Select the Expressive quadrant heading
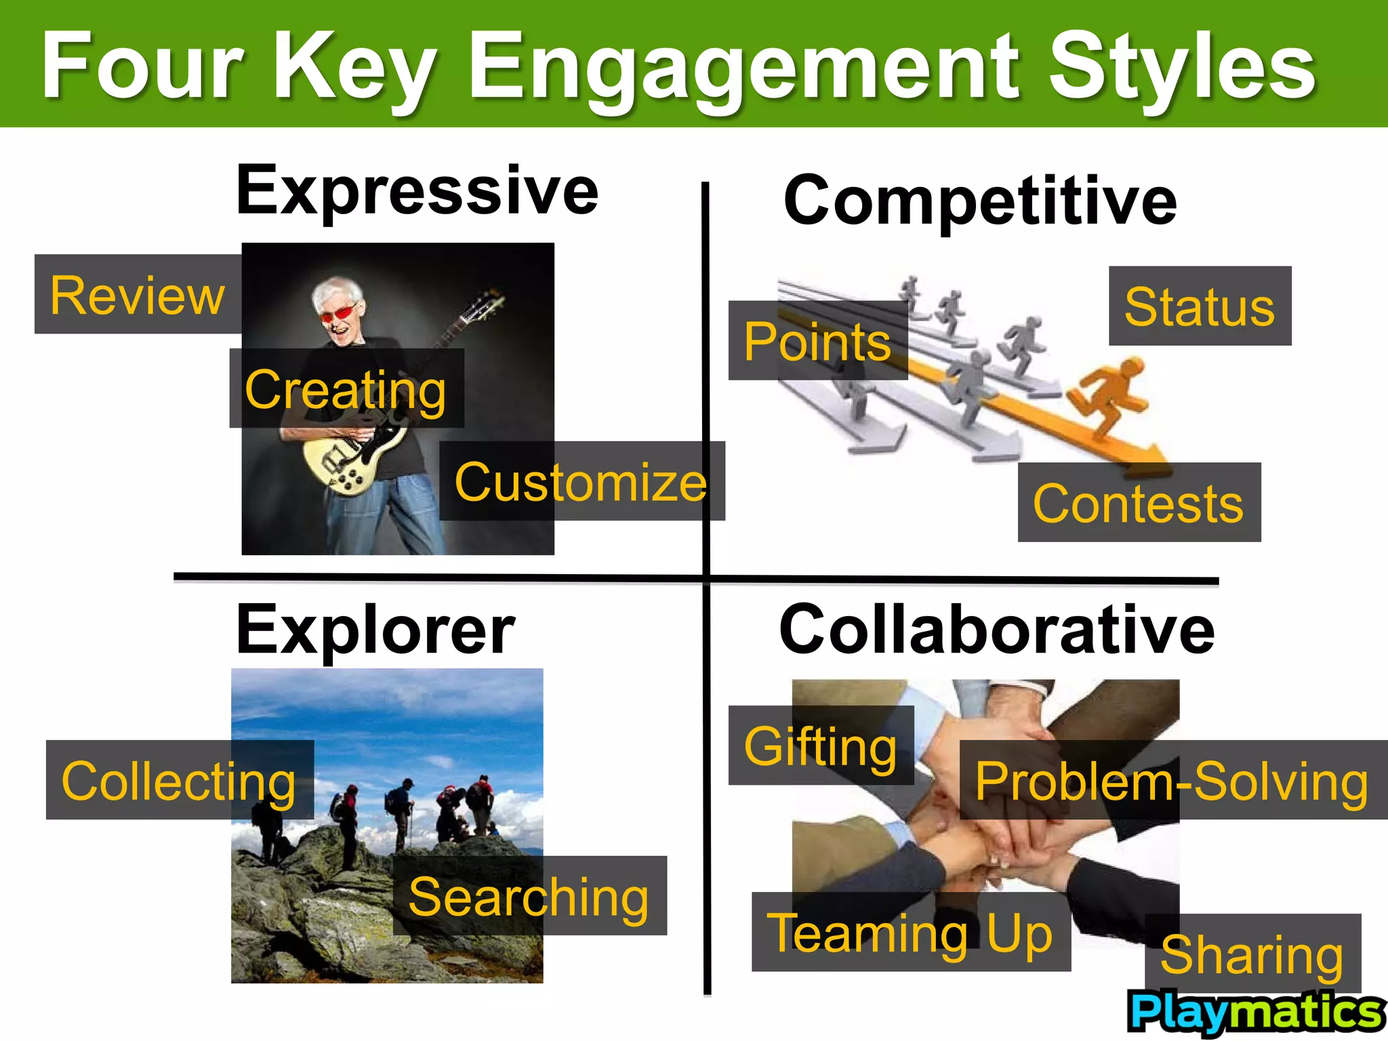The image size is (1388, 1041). tap(417, 191)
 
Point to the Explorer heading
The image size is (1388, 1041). tap(375, 630)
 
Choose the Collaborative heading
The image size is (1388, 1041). tap(996, 630)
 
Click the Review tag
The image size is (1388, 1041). tap(138, 295)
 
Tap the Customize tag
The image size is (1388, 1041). tap(581, 481)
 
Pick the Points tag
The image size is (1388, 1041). tap(817, 341)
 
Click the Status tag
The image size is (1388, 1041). tap(1200, 306)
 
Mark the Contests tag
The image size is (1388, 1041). tap(1139, 503)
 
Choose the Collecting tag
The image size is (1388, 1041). tap(179, 780)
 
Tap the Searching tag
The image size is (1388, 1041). tap(529, 896)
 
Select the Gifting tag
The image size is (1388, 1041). tap(821, 746)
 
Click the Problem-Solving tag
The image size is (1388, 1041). tap(1172, 780)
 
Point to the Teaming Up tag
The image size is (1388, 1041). tap(910, 932)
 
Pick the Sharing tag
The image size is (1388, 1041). tap(1252, 953)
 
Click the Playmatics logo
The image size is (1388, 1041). tap(1256, 1013)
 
